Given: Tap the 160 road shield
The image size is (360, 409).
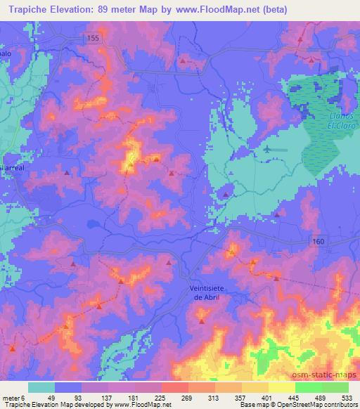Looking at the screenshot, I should click(319, 241).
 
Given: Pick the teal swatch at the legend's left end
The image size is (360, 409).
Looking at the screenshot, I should click(41, 387).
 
